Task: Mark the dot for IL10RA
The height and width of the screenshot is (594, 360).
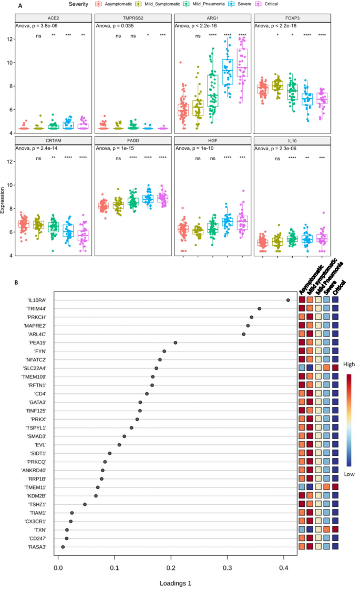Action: tap(288, 300)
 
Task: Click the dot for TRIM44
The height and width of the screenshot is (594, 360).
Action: tap(259, 309)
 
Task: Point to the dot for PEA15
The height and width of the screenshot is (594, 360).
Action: tap(176, 342)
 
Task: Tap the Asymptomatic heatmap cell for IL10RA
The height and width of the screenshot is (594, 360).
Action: tap(302, 300)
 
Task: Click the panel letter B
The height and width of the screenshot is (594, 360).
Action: tap(17, 282)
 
